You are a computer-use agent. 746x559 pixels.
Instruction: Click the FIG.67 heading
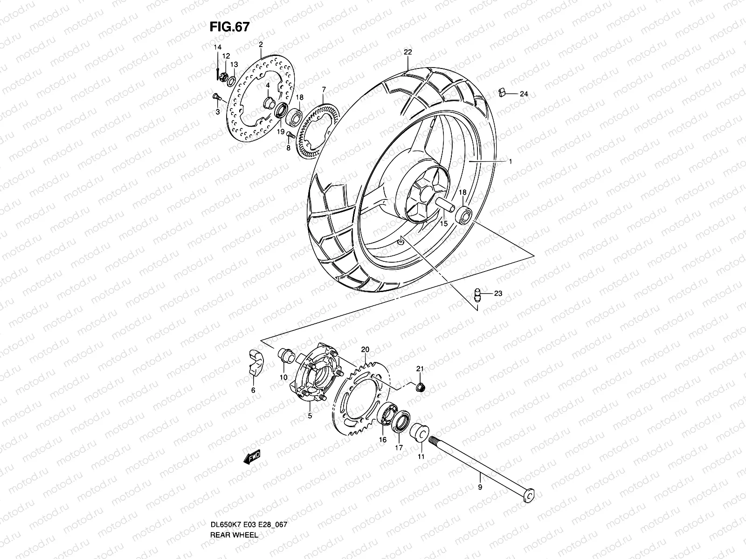(x=229, y=27)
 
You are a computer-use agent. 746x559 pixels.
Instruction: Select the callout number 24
(x=524, y=94)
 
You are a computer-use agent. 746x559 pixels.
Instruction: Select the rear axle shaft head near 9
(x=529, y=497)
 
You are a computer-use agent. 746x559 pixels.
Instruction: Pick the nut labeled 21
(x=420, y=387)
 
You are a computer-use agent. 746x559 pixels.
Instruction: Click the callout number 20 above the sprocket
(x=365, y=349)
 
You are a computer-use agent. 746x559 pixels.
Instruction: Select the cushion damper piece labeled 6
(x=254, y=368)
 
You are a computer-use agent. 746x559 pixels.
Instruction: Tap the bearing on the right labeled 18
(x=463, y=215)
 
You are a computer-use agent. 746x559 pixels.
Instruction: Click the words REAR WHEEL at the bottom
(x=233, y=548)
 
